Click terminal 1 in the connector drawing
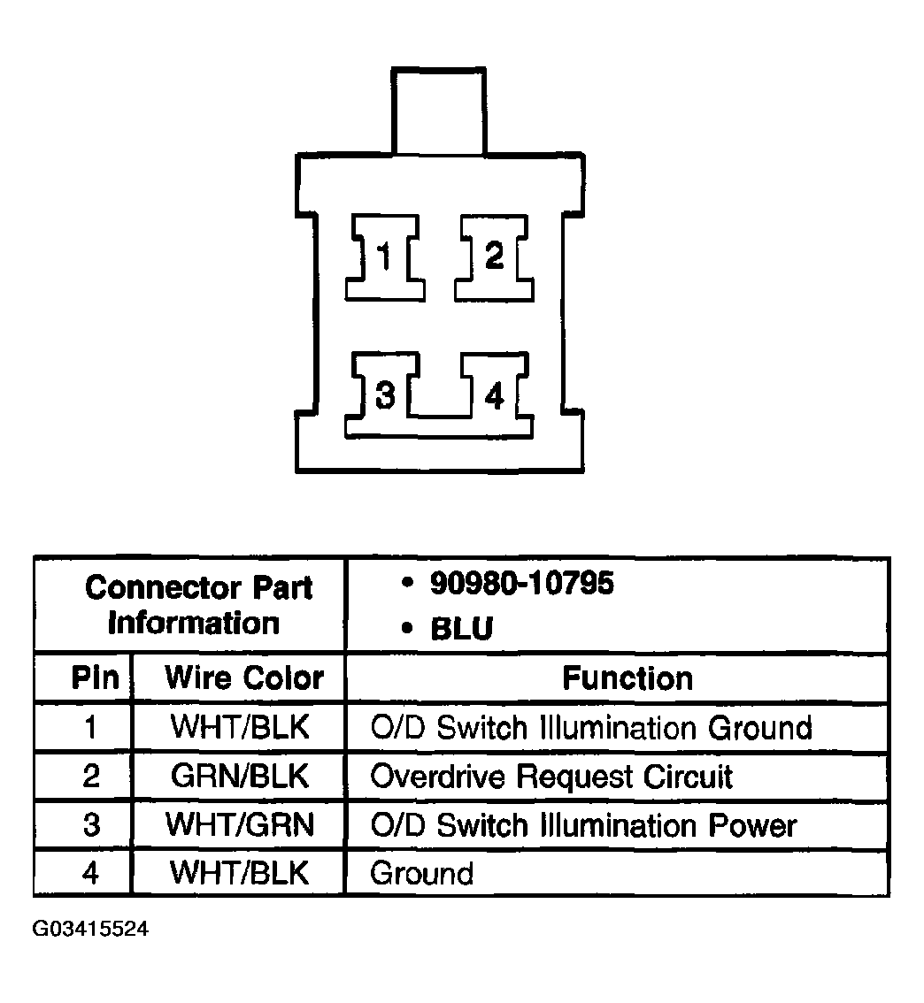pos(385,257)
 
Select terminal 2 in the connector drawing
pos(494,257)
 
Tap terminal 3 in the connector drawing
pos(384,394)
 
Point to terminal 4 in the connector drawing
pos(495,394)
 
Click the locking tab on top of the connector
pos(439,111)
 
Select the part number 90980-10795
pos(521,584)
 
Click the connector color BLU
pos(462,629)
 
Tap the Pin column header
pos(96,678)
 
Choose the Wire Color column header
pos(244,678)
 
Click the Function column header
pos(628,678)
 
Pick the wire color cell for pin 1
pos(240,727)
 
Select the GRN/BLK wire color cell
pos(240,776)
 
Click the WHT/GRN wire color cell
pos(240,824)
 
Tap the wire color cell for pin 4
pos(239,873)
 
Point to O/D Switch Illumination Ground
pos(591,727)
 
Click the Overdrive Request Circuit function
pos(551,777)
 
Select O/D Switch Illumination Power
pos(583,825)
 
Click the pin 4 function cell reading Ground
pos(421,874)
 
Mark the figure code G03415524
pos(90,928)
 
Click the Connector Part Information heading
pos(197,605)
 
